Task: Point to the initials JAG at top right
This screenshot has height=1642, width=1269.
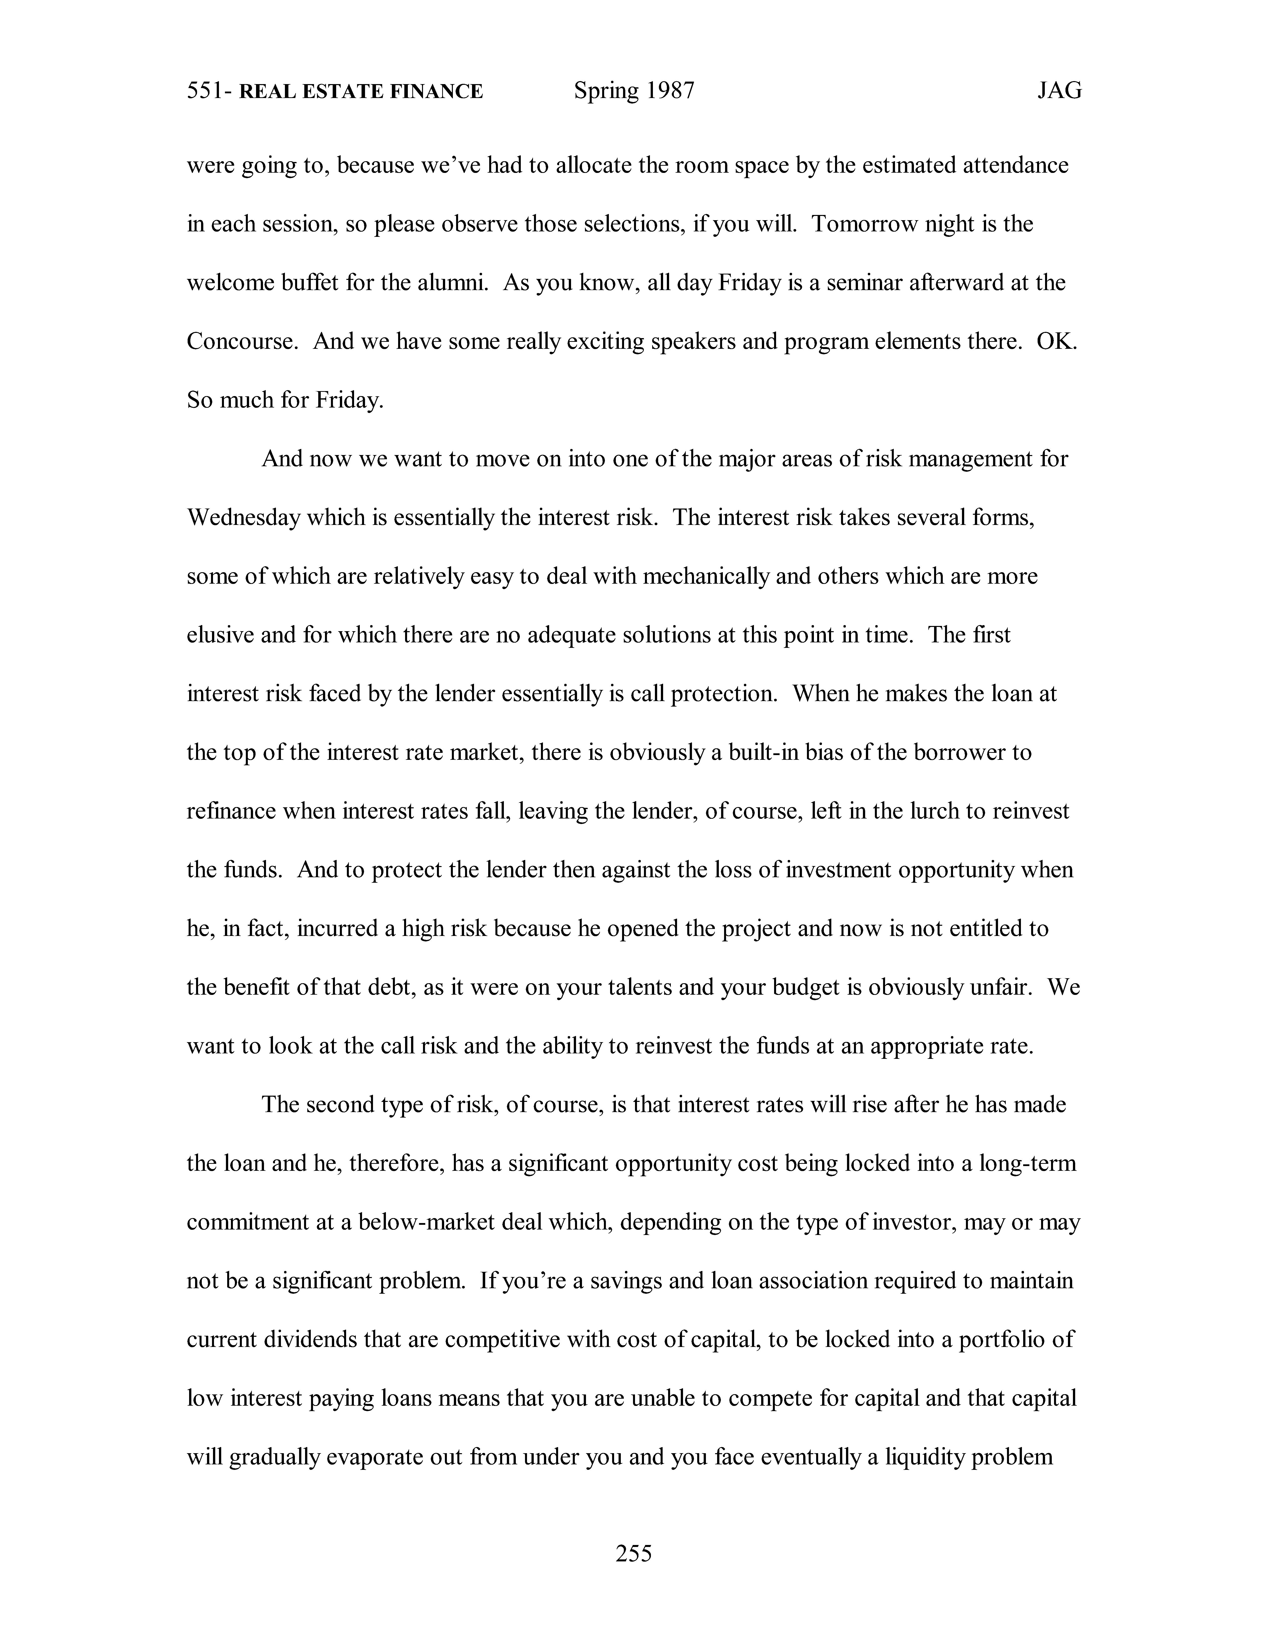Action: (x=1059, y=91)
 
